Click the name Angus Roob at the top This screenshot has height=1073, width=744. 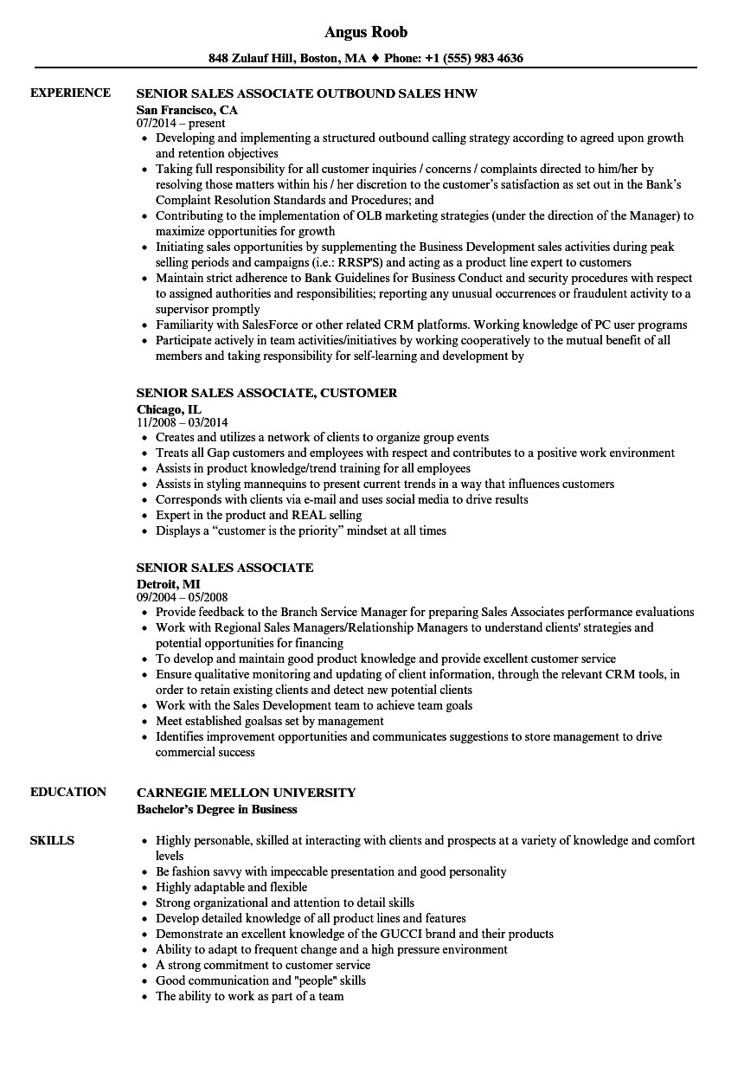[x=366, y=32]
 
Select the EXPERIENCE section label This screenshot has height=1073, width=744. [x=70, y=93]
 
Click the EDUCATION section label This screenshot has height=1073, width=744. [x=68, y=792]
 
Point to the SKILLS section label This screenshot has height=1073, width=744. [x=52, y=840]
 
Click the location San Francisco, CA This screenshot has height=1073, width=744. [x=187, y=110]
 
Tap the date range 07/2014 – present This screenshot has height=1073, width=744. [x=181, y=124]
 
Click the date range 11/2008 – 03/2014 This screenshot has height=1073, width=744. [x=183, y=423]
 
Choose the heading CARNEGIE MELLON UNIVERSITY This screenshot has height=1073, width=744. [x=246, y=792]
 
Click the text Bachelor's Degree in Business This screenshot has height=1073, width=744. [x=216, y=809]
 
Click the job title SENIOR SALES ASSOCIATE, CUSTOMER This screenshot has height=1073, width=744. [x=266, y=392]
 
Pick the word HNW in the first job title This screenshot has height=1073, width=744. [x=460, y=93]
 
